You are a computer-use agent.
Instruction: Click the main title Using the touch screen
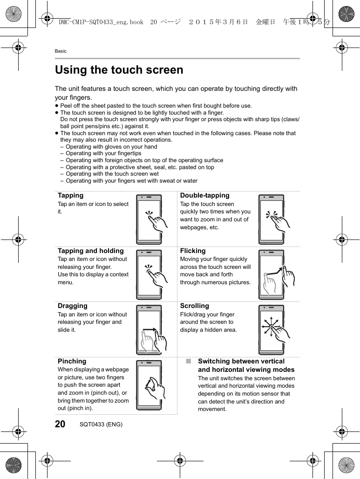click(119, 70)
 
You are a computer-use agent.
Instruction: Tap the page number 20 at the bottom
click(60, 424)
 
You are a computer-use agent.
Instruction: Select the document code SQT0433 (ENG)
click(101, 424)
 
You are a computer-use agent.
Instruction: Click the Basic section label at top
click(61, 51)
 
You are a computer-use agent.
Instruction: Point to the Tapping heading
click(70, 196)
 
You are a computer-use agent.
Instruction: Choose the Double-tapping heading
click(204, 196)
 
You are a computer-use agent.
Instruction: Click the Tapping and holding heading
click(90, 251)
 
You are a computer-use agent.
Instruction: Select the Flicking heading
click(192, 251)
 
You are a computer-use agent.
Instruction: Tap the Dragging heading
click(72, 306)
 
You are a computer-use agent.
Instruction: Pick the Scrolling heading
click(194, 306)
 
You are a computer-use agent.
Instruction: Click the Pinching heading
click(72, 361)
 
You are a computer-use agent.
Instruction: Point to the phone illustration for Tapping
click(149, 219)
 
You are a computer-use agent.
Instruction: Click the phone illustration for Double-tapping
click(272, 219)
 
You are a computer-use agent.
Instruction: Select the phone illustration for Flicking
click(272, 274)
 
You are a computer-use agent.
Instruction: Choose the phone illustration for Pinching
click(149, 385)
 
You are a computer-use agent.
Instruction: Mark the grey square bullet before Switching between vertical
click(188, 361)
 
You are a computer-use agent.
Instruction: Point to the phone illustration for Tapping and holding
click(149, 274)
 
